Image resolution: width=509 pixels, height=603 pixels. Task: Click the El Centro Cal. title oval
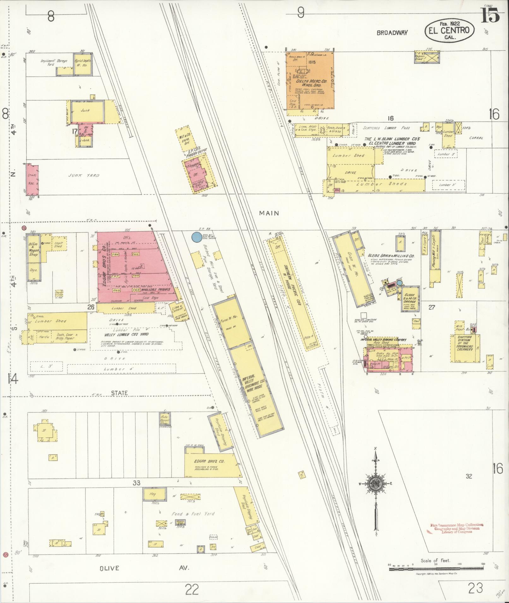(449, 30)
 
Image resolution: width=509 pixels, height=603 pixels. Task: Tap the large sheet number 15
(490, 15)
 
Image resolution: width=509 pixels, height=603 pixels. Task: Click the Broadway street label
(392, 32)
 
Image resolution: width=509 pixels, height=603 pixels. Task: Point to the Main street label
(269, 213)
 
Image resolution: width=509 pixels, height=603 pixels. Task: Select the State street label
(119, 393)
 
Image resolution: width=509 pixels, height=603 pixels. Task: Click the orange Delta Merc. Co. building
(310, 80)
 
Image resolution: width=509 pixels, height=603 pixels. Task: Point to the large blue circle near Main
(197, 237)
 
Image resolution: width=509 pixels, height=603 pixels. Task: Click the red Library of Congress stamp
(456, 528)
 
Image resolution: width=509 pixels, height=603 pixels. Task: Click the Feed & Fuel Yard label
(193, 513)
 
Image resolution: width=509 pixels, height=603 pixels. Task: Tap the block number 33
(136, 483)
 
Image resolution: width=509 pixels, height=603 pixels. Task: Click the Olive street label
(109, 568)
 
